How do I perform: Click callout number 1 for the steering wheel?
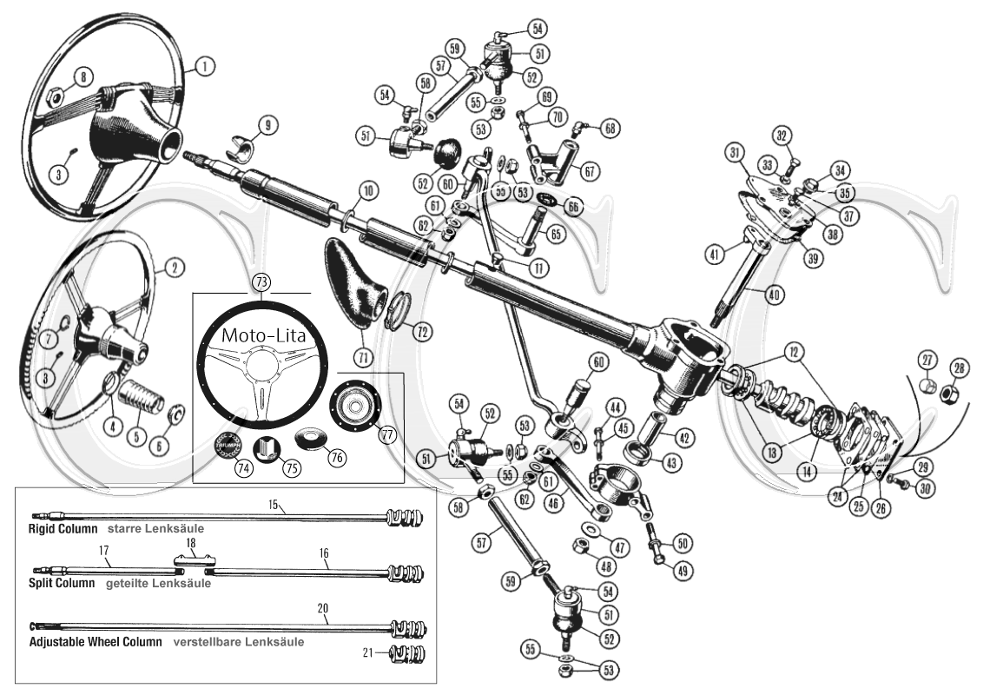coord(205,65)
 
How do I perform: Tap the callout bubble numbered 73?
coord(261,281)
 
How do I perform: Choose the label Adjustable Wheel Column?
coord(96,643)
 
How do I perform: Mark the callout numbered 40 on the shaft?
coord(774,295)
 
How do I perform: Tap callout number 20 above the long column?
coord(322,609)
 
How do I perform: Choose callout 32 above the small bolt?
coord(783,136)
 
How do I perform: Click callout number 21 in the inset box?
coord(367,652)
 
